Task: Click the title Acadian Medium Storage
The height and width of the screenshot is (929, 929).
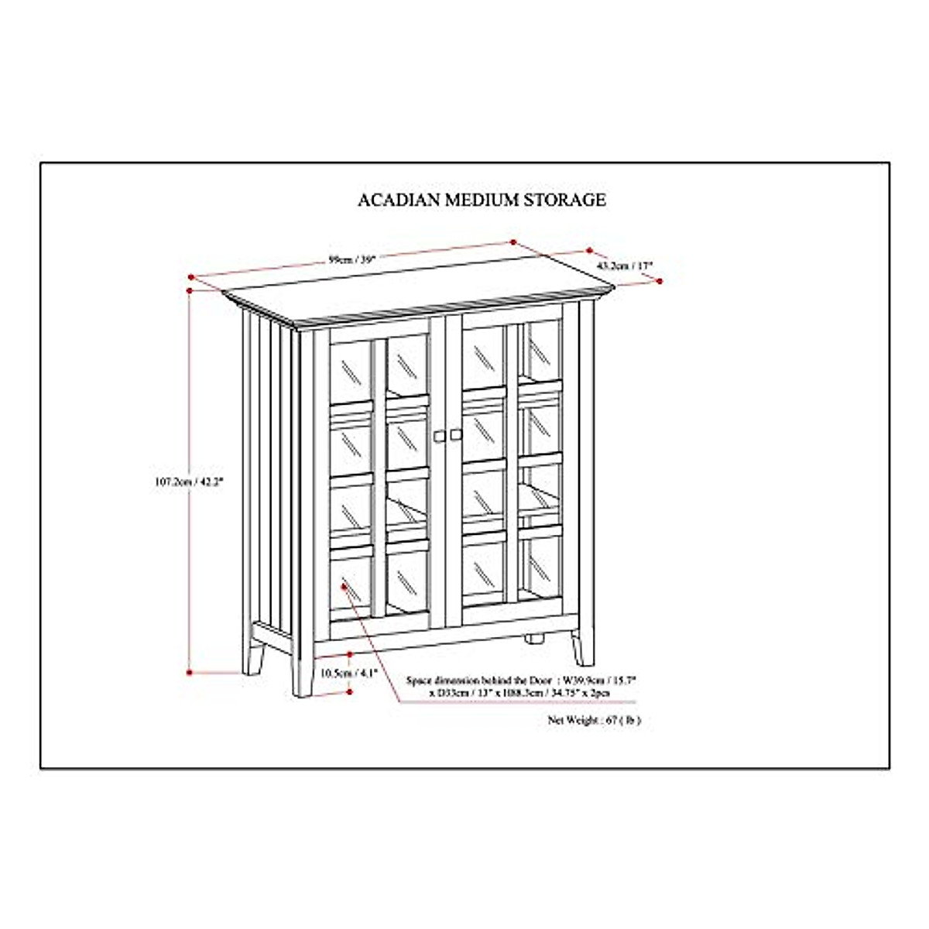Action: point(482,200)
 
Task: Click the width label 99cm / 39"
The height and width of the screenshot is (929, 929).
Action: point(351,260)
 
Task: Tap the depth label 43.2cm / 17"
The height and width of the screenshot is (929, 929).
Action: point(625,266)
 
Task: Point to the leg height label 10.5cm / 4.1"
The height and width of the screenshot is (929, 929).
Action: point(349,673)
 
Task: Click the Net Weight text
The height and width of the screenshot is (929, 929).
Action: point(594,720)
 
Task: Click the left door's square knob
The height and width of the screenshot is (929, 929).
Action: point(439,437)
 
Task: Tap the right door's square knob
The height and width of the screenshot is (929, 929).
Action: point(454,436)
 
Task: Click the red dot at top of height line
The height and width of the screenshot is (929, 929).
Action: point(190,290)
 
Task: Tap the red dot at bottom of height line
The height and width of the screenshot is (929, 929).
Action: point(190,672)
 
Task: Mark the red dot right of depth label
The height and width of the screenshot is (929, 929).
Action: point(660,279)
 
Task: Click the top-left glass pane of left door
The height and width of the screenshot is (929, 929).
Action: point(352,369)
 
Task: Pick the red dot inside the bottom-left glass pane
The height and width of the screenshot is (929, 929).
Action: point(343,588)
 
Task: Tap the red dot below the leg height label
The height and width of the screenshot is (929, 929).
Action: point(350,691)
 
